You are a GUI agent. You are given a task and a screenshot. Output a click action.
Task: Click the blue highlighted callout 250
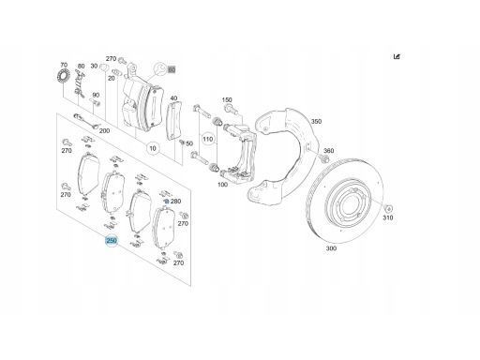pyautogui.click(x=112, y=240)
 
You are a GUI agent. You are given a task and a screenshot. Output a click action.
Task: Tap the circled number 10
pyautogui.click(x=153, y=148)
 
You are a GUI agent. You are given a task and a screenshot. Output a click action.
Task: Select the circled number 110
pyautogui.click(x=207, y=139)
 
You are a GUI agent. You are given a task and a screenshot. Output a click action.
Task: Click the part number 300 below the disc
pyautogui.click(x=331, y=248)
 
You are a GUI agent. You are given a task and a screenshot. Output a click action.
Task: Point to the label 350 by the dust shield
pyautogui.click(x=316, y=121)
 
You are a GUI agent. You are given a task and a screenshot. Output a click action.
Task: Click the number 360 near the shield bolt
pyautogui.click(x=328, y=151)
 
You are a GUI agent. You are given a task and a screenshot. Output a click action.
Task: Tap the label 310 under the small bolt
pyautogui.click(x=388, y=217)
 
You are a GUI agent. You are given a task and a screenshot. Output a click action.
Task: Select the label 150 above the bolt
pyautogui.click(x=227, y=100)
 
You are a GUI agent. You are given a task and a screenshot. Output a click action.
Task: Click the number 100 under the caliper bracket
pyautogui.click(x=222, y=185)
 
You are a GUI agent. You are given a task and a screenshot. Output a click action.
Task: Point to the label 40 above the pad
pyautogui.click(x=173, y=98)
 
